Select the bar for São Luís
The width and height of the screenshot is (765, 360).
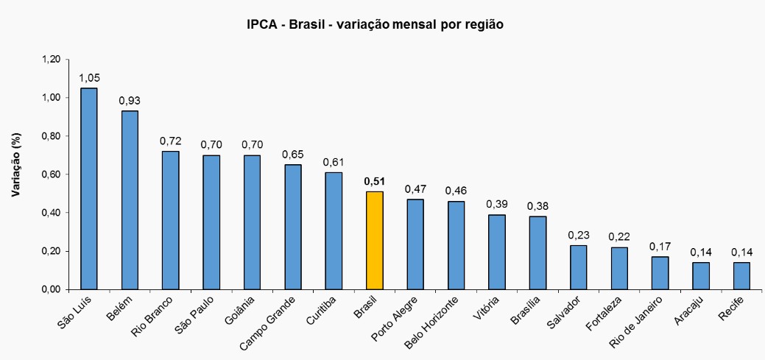tap(88, 188)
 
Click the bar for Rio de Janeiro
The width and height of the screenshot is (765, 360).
tap(660, 272)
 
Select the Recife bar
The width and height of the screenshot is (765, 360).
tap(741, 275)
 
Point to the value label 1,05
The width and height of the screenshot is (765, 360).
tap(89, 78)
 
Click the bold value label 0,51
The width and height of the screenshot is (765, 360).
tap(375, 181)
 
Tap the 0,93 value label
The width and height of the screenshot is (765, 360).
tap(130, 101)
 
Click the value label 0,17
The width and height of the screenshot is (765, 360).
tap(660, 247)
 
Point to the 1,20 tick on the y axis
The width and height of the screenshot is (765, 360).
tap(50, 60)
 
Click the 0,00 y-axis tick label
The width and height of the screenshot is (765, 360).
tap(50, 289)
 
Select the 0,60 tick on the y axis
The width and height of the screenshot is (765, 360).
tap(50, 174)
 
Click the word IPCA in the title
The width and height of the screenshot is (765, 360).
tap(261, 24)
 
